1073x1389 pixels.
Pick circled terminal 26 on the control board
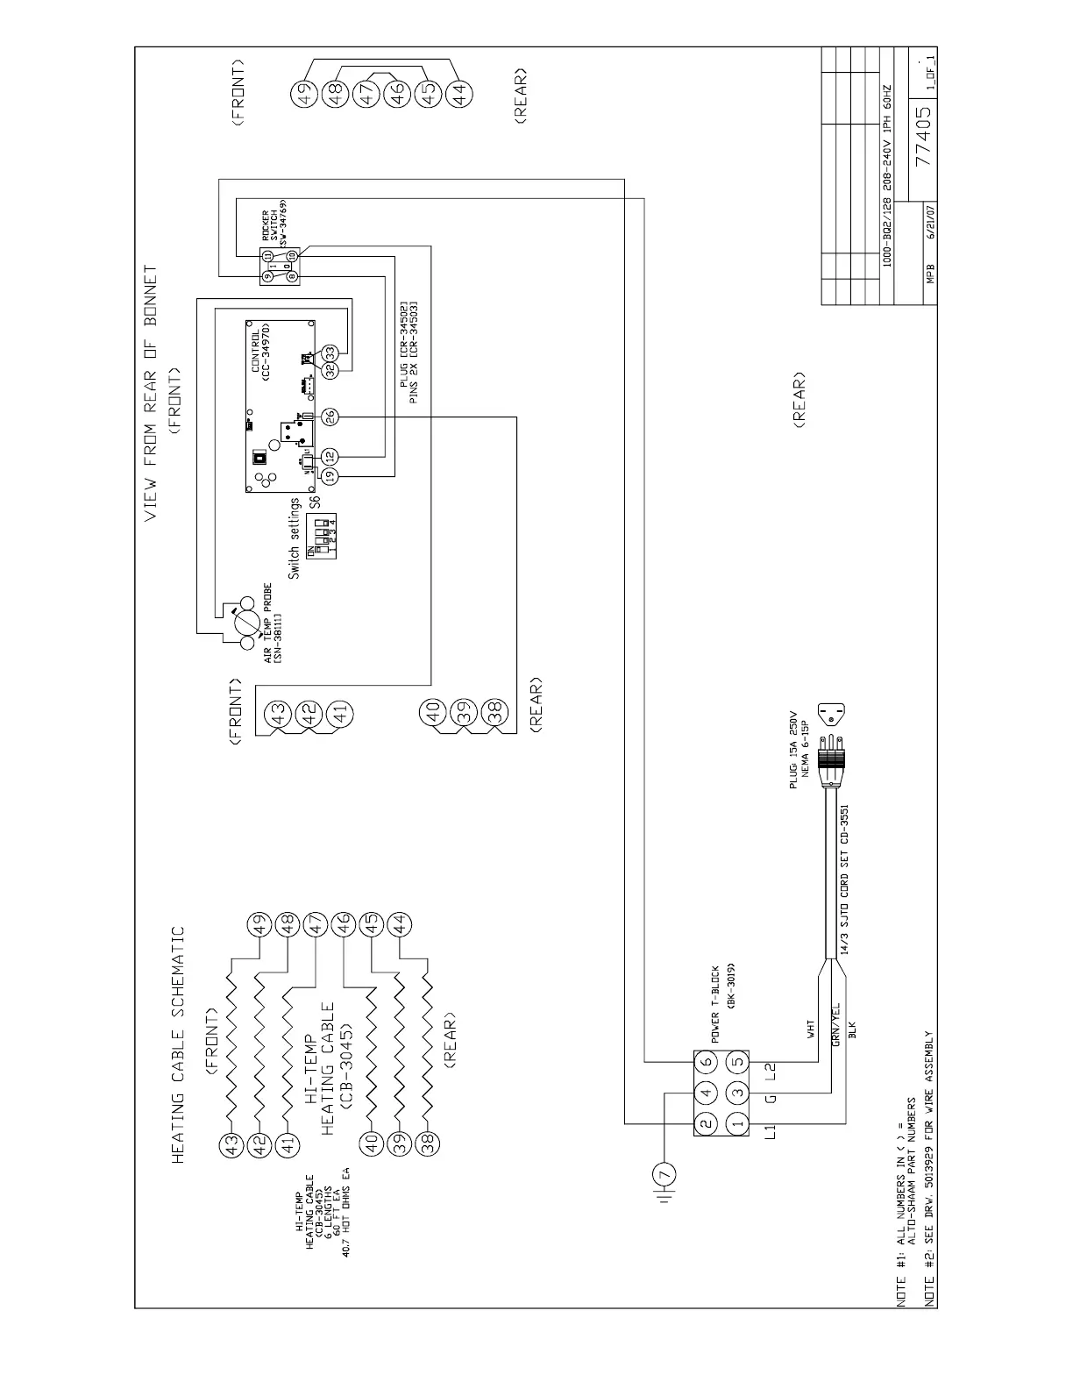point(330,417)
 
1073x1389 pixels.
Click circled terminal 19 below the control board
point(330,475)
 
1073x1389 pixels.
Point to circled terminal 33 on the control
point(330,352)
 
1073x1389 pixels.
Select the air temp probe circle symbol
point(246,624)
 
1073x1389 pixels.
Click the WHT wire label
point(810,1027)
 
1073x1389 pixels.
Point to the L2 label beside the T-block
point(772,1069)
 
